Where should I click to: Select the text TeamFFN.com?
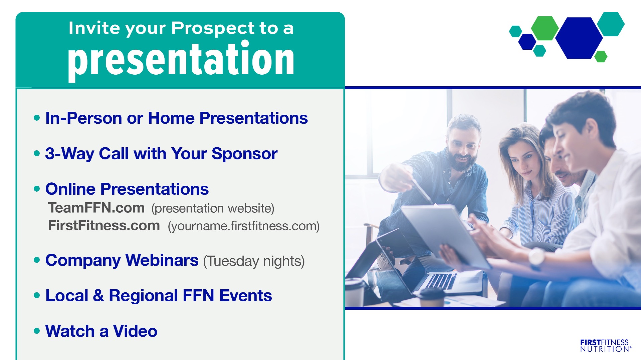click(x=96, y=208)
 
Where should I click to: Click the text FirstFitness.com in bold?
click(x=104, y=225)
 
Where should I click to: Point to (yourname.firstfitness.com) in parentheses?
click(x=244, y=226)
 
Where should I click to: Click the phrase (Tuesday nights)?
click(x=254, y=261)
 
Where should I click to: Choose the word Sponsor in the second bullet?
click(x=244, y=154)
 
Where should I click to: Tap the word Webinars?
click(x=162, y=260)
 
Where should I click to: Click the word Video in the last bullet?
click(x=135, y=331)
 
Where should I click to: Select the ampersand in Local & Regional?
click(x=98, y=296)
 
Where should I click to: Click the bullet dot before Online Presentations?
click(x=37, y=189)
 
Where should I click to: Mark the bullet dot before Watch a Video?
click(x=37, y=331)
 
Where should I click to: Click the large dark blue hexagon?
click(x=579, y=38)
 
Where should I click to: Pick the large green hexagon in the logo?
click(x=545, y=28)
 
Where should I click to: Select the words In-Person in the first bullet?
click(x=84, y=118)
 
